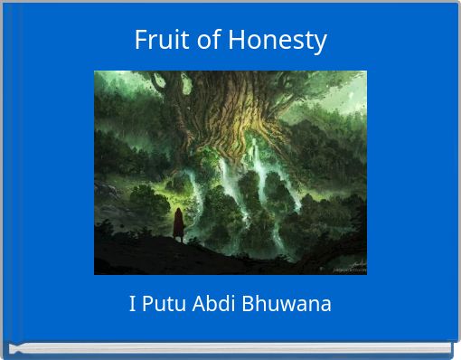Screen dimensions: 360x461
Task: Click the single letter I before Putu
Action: click(133, 304)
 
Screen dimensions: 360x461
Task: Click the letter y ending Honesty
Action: click(321, 43)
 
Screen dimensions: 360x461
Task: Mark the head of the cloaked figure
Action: click(179, 213)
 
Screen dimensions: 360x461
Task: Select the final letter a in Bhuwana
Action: click(325, 305)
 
